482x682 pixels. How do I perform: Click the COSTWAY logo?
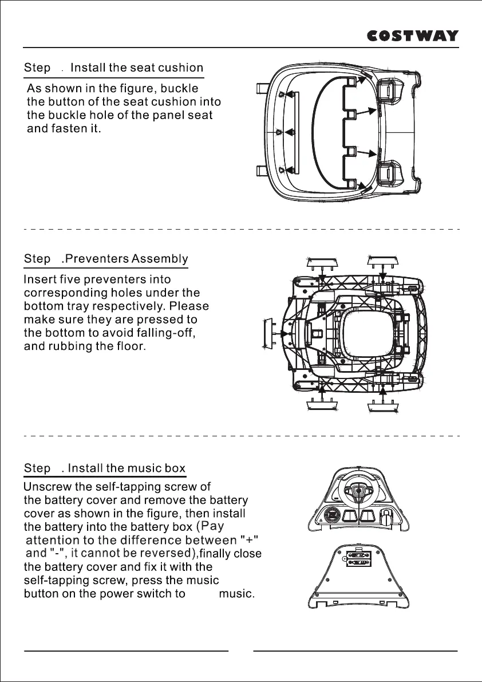point(412,36)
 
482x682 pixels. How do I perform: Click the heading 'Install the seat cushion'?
point(136,68)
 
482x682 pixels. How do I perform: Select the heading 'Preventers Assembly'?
point(127,259)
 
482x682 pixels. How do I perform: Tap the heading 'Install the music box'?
point(127,468)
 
